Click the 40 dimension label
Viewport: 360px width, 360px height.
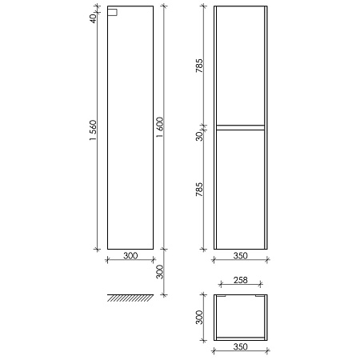(93, 18)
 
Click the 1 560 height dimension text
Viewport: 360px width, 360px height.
(93, 130)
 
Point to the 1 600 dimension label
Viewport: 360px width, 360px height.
(160, 127)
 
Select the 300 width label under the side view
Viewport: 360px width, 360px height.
(130, 256)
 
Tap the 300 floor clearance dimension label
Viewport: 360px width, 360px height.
(160, 272)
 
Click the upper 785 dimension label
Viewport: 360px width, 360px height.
(199, 66)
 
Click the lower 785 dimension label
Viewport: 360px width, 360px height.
(199, 190)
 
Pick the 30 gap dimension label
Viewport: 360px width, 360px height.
(199, 136)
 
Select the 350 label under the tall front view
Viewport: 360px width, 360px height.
(241, 256)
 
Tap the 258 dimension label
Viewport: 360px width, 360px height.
(241, 280)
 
